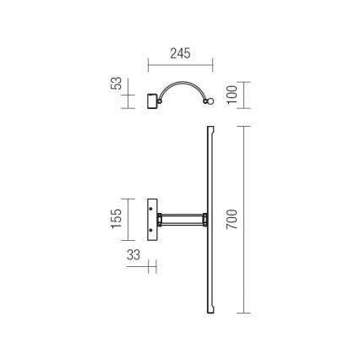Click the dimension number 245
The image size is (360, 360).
click(179, 53)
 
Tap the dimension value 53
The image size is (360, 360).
click(117, 85)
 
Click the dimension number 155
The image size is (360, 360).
click(117, 219)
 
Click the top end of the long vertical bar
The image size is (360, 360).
click(210, 129)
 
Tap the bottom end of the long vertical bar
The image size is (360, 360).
click(209, 310)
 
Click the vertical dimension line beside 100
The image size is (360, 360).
click(243, 94)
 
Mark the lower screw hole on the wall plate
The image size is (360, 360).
click(152, 227)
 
